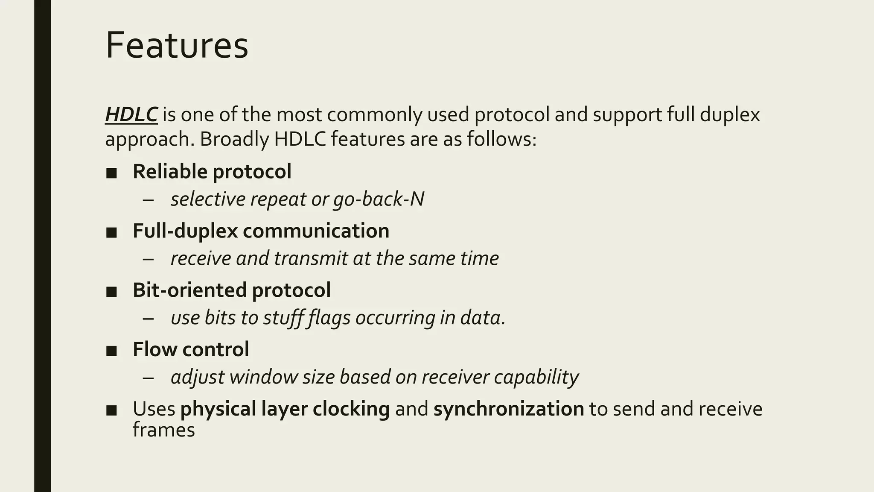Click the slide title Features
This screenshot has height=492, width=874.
tap(177, 45)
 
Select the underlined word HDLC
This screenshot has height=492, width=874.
tap(131, 115)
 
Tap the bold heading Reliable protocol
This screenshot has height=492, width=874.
tap(212, 172)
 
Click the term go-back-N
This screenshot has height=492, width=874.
tap(379, 199)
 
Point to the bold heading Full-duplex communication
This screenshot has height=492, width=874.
tap(261, 231)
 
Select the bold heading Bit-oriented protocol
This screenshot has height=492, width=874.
tap(232, 290)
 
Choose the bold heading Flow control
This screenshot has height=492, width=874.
tap(191, 349)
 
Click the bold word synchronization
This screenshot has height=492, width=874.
tap(509, 409)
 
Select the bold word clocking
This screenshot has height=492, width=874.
tap(351, 409)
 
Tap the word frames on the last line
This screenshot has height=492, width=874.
tap(163, 430)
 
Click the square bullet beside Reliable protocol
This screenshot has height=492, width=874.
tap(111, 173)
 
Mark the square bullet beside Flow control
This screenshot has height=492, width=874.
tap(111, 351)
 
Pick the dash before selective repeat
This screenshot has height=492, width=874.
tap(148, 200)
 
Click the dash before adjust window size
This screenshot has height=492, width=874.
tap(148, 378)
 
